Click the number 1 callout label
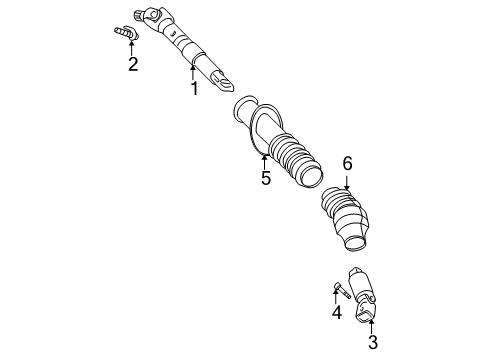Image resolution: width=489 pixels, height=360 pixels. coord(195,89)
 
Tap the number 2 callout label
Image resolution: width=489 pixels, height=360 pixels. coord(132,65)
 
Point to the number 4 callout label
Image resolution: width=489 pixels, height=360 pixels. coord(336,312)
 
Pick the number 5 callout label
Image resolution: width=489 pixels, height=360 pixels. coord(266,178)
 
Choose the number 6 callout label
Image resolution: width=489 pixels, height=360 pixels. coord(347,163)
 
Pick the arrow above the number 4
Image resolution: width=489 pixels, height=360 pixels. coord(337,297)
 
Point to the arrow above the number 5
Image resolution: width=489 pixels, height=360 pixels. coord(264,160)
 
